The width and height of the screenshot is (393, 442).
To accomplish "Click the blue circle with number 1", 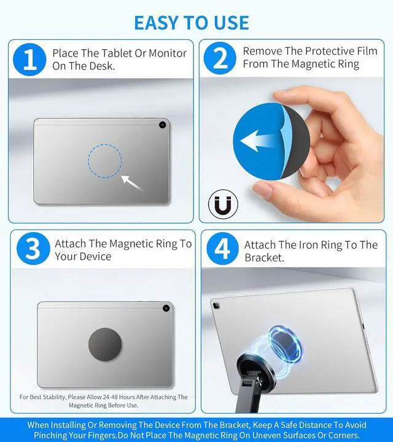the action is (x=29, y=60).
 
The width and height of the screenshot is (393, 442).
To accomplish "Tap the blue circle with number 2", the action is (x=220, y=58).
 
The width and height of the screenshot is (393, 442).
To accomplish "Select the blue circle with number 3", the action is (x=33, y=249).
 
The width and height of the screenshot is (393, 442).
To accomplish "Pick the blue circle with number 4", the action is (x=223, y=249).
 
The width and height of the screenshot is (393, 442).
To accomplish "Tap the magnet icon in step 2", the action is (x=223, y=204).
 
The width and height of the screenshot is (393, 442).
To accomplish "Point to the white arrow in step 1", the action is (x=131, y=183).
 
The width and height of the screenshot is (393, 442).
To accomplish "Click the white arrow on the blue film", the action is (x=259, y=141).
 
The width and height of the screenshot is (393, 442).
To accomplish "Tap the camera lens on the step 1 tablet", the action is (x=162, y=125).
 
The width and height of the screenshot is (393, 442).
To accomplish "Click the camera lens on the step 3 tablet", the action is (x=166, y=308).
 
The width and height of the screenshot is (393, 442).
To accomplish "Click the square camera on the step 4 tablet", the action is (x=217, y=306).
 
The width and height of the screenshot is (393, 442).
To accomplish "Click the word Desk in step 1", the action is (x=102, y=66).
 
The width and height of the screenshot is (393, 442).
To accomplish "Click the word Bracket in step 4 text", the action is (x=264, y=258).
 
